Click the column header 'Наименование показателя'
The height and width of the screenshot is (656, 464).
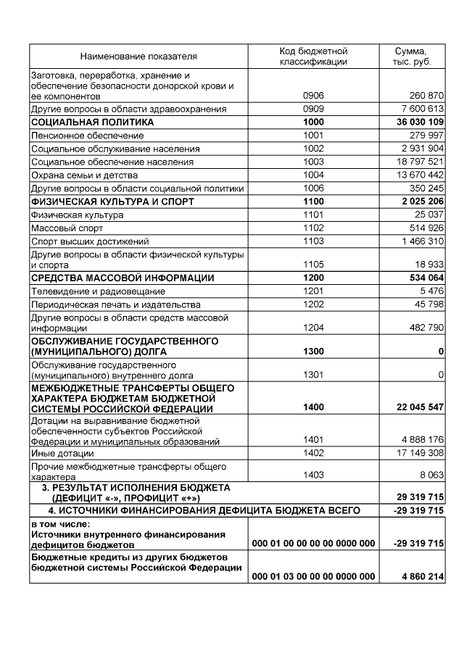pyautogui.click(x=138, y=56)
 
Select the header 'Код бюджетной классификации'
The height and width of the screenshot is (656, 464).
pyautogui.click(x=313, y=56)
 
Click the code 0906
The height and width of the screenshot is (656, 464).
pyautogui.click(x=313, y=96)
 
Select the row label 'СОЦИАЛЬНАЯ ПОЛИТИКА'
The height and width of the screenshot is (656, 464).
pyautogui.click(x=92, y=122)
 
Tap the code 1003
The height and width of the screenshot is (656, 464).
pyautogui.click(x=313, y=162)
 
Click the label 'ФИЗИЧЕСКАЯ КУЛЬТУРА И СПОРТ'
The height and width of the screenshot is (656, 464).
pyautogui.click(x=112, y=202)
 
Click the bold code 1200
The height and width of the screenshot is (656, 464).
pyautogui.click(x=313, y=278)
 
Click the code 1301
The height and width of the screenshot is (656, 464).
pyautogui.click(x=313, y=375)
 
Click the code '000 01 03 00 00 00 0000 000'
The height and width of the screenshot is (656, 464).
pyautogui.click(x=313, y=576)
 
